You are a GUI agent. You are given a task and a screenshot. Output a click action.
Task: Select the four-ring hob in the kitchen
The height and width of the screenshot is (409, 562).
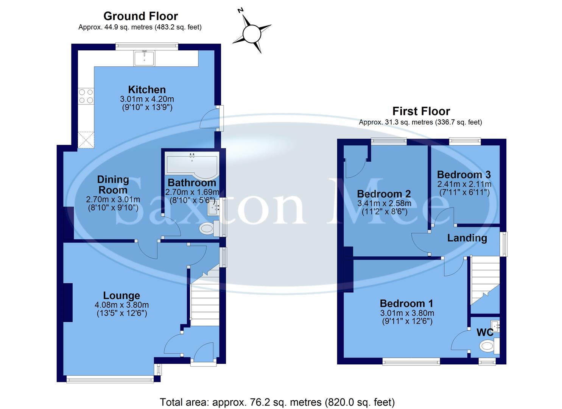pos(86,96)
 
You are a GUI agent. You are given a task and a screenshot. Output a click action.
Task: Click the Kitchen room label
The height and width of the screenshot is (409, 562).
pos(147,90)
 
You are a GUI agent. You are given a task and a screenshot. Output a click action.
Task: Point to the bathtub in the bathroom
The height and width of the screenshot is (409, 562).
pos(192,164)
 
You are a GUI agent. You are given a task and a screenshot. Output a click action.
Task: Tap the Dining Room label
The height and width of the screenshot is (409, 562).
pos(113,185)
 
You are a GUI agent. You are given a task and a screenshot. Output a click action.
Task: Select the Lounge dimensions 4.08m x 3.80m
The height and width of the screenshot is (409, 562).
pos(121,305)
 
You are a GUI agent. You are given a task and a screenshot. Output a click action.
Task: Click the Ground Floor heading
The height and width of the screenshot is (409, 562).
pos(140,16)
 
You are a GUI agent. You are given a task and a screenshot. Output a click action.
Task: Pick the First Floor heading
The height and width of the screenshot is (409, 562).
pos(421,111)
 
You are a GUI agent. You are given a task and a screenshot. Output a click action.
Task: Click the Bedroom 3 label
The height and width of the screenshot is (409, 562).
pos(464,175)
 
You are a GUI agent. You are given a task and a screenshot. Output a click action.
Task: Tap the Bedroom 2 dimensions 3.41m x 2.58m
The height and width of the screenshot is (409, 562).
pos(384,203)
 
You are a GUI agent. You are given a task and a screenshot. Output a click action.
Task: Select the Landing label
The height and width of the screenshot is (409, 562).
pos(467,238)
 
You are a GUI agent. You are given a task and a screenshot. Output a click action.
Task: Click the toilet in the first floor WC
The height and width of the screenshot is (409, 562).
pos(489,345)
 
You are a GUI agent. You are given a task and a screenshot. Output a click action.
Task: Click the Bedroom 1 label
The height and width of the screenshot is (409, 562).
pos(406,303)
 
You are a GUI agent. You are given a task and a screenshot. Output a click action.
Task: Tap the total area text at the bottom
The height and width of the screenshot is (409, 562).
pos(277,402)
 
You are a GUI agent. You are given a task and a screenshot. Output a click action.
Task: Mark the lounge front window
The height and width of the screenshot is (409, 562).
pos(110,379)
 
